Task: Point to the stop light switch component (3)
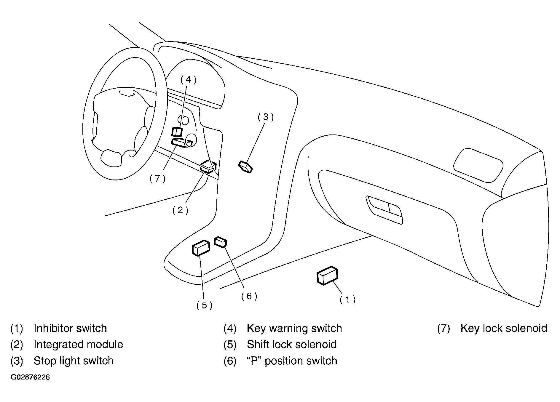246,167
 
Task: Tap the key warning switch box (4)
177,132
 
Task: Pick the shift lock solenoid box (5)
201,248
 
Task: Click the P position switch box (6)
221,242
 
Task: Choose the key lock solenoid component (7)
179,143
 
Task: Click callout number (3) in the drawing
266,117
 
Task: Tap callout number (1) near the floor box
347,300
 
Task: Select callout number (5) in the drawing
204,305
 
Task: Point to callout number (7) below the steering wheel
157,178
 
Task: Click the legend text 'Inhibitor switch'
70,328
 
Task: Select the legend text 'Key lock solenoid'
503,328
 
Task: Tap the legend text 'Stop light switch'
74,361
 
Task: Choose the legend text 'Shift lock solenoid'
292,345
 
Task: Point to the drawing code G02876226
30,377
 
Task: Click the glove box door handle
385,209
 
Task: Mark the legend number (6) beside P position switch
230,361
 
